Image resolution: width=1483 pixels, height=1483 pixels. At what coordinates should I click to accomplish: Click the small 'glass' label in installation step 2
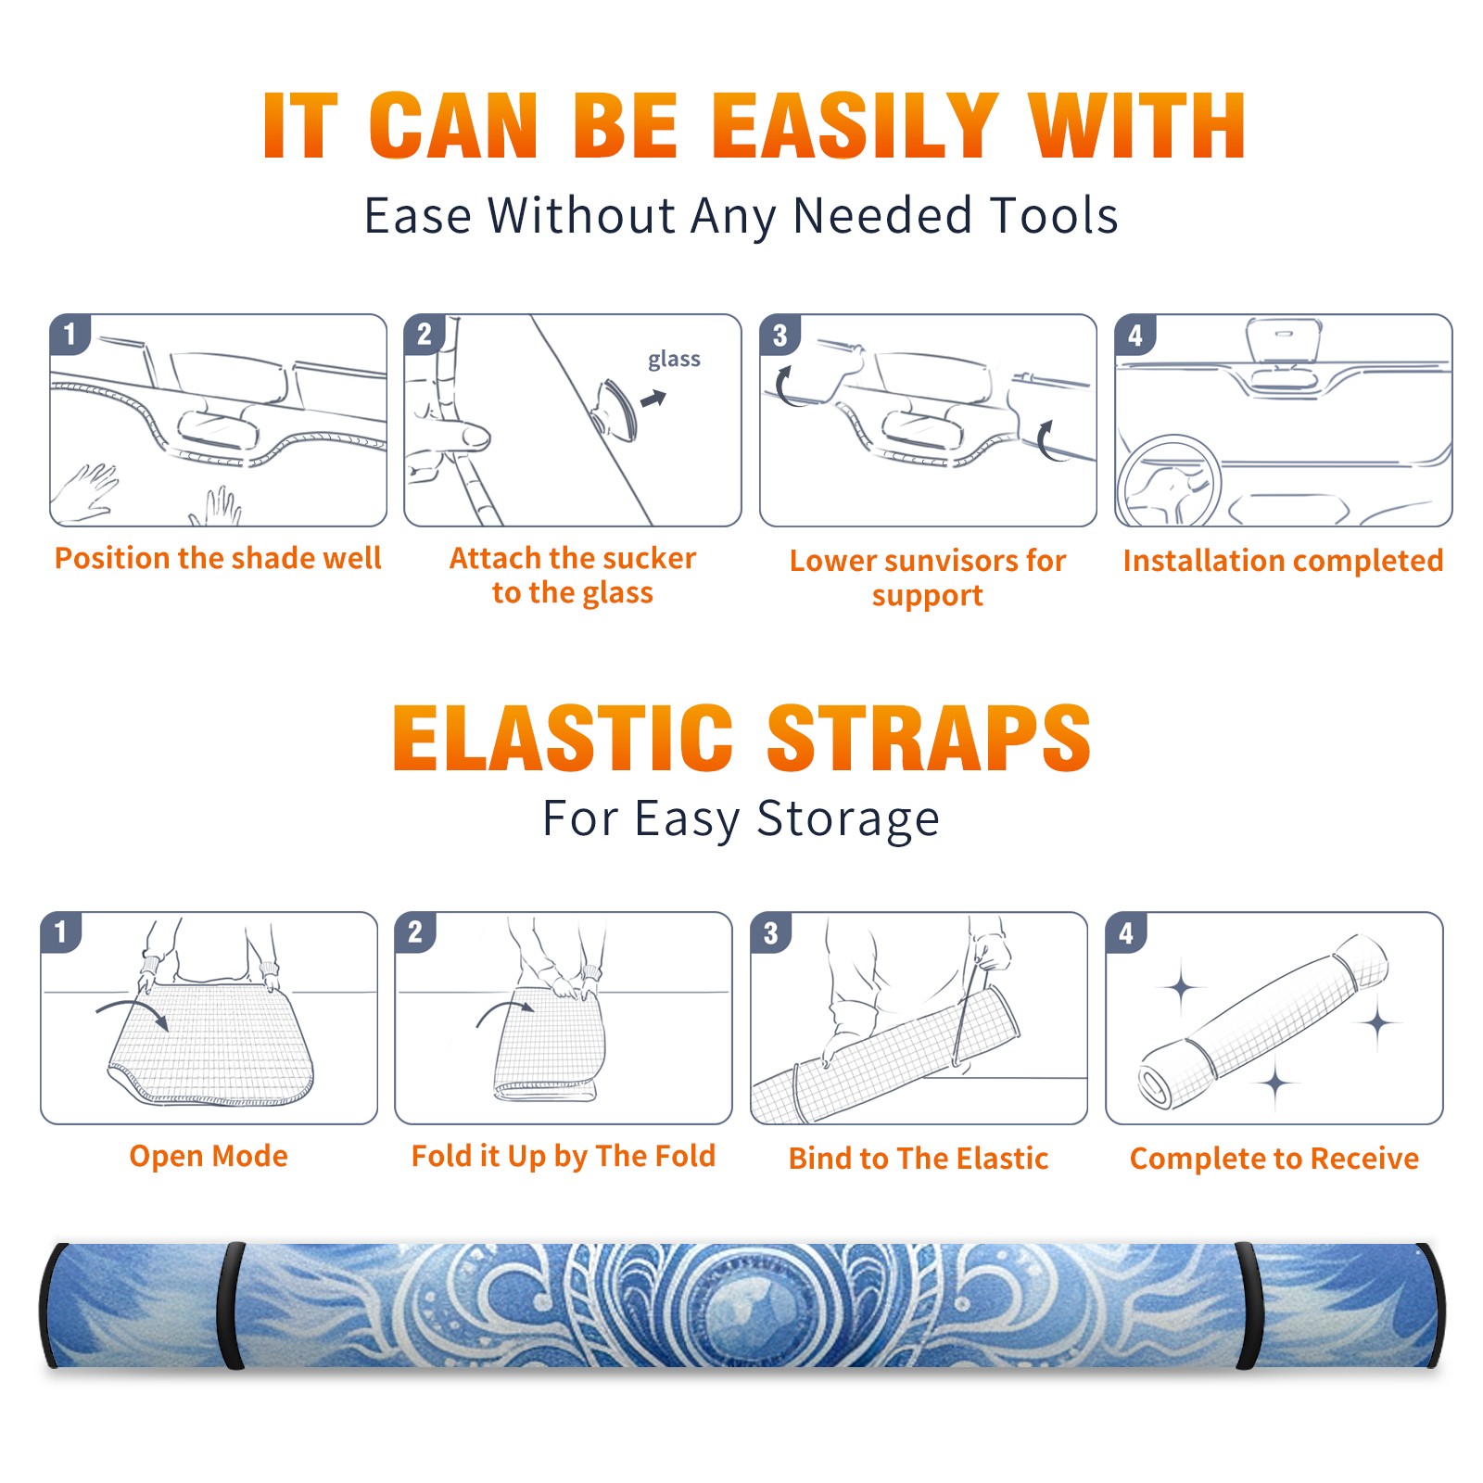point(674,360)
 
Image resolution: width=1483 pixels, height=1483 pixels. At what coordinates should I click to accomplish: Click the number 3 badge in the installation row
point(780,335)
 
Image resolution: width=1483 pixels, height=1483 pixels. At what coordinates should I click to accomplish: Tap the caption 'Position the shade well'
point(218,558)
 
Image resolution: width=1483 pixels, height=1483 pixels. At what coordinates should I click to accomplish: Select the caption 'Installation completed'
point(1283,560)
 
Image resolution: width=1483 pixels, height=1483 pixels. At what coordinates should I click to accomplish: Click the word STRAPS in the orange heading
point(929,738)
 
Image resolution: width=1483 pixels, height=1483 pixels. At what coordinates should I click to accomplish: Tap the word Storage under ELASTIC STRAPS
point(848,819)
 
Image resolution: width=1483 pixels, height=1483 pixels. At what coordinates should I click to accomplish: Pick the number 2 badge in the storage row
point(415,932)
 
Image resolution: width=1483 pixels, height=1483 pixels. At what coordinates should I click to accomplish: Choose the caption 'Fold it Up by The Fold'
point(564,1156)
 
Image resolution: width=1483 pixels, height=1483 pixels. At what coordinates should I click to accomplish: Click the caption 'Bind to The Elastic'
point(919,1158)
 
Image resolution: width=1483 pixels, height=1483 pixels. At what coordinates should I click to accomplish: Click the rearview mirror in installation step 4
point(1284,339)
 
